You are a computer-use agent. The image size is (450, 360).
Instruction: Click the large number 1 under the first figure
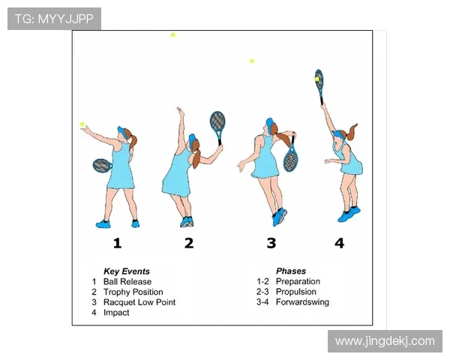(117, 243)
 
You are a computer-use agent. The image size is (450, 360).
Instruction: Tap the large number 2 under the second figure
(189, 243)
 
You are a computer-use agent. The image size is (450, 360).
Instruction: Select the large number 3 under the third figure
(271, 243)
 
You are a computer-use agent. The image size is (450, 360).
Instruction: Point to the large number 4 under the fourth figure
(340, 243)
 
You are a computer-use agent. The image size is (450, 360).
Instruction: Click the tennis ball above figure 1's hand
(82, 124)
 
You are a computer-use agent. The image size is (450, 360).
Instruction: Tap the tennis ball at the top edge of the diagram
(172, 34)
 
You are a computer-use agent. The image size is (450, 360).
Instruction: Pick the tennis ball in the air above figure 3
(252, 61)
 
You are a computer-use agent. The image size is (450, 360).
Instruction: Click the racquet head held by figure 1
(102, 166)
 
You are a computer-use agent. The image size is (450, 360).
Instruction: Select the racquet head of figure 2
(217, 122)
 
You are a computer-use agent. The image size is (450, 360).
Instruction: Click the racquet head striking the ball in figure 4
(319, 79)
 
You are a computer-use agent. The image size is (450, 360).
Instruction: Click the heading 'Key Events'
(127, 271)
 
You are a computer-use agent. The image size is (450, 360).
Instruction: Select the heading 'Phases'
(291, 271)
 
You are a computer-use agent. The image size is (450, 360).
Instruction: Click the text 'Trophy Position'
(133, 292)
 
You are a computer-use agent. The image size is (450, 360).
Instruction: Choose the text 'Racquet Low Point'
(139, 302)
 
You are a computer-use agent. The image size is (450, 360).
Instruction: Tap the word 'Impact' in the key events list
(116, 313)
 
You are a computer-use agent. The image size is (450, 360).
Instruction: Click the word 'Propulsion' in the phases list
(296, 292)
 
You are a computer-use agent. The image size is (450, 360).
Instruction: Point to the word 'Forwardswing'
(302, 302)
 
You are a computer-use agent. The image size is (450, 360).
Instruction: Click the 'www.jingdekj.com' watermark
(385, 341)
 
